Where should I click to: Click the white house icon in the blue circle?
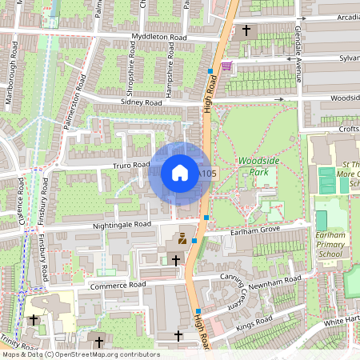180,172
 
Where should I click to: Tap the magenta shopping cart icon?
227,66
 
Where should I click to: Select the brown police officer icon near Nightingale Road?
182,238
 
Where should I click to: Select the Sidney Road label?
142,102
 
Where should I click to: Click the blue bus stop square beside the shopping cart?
210,71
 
